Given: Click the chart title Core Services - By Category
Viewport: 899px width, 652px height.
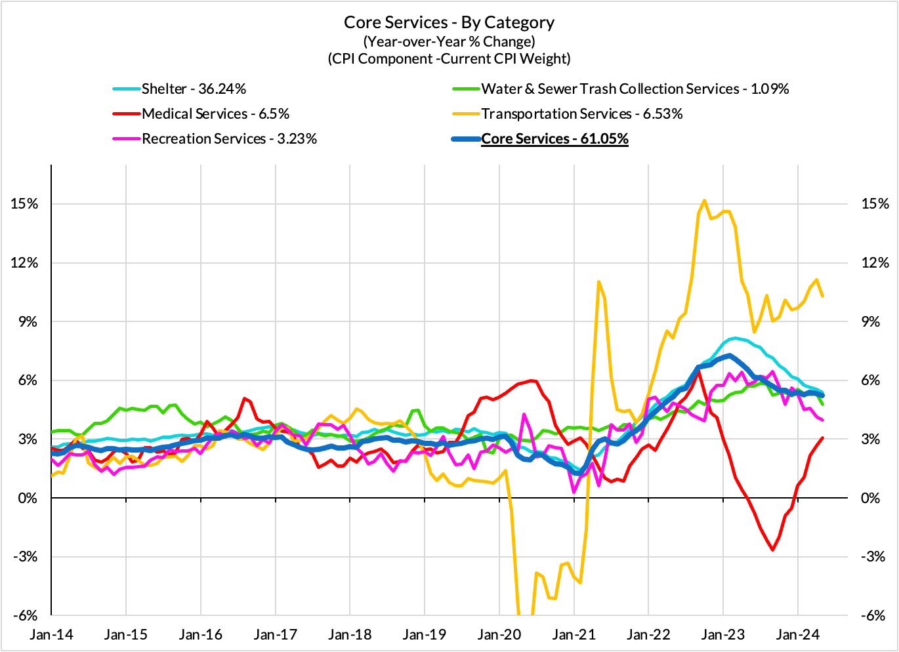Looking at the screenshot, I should (449, 22).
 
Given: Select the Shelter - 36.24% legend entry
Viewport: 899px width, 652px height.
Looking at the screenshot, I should (194, 89).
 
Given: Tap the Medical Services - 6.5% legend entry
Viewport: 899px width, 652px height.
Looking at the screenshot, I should (215, 114).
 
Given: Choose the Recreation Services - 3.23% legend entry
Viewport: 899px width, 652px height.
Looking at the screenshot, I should (229, 139).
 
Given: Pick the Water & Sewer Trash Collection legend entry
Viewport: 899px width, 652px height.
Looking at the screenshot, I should (635, 89).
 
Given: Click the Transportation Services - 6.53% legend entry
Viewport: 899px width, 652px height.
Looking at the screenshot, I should (581, 114).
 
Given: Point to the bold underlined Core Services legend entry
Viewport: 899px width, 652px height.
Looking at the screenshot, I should (554, 139).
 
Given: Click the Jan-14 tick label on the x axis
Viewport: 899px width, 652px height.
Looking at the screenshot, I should (52, 635).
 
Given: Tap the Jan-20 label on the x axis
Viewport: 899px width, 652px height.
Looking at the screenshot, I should (499, 635).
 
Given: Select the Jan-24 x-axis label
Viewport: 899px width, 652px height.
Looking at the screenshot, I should (797, 635).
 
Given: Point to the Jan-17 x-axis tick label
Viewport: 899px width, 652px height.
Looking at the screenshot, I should (276, 635).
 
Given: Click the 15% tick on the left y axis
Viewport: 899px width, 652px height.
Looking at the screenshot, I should (24, 204).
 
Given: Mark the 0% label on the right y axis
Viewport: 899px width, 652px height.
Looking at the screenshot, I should (870, 499).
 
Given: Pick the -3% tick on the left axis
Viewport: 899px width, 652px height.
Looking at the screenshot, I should (24, 557).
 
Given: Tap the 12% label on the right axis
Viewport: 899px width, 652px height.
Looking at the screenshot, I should (875, 263).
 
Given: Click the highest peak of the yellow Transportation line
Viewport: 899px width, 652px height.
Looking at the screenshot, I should (704, 201).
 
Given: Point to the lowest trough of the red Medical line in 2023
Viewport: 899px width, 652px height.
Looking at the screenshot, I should (773, 550).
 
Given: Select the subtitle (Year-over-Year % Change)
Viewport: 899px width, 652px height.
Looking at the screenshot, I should (449, 41).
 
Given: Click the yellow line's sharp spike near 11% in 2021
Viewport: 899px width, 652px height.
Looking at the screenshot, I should (598, 282).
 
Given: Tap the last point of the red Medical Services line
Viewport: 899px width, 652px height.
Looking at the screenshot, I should (822, 438).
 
